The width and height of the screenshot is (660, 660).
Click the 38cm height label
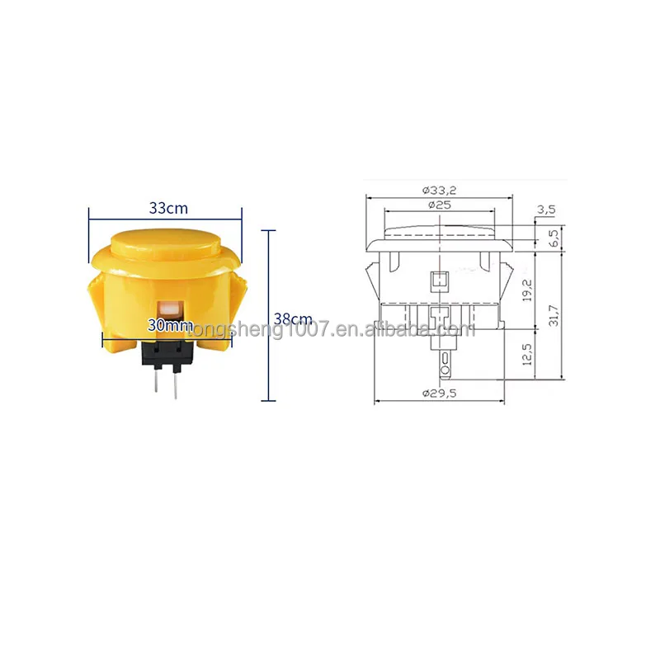[294, 318]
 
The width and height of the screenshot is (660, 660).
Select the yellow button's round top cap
[164, 243]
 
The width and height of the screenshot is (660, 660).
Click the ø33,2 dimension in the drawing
[438, 189]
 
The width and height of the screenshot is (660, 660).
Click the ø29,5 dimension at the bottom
[439, 394]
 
